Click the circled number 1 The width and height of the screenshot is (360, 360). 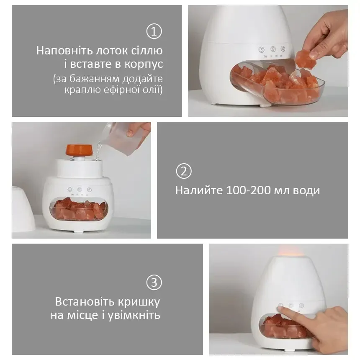[x=154, y=31]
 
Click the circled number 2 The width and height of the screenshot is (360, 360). [x=184, y=172]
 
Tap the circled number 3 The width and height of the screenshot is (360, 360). [x=154, y=283]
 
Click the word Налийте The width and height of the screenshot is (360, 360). [x=198, y=190]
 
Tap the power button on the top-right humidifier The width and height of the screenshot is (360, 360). [x=261, y=49]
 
